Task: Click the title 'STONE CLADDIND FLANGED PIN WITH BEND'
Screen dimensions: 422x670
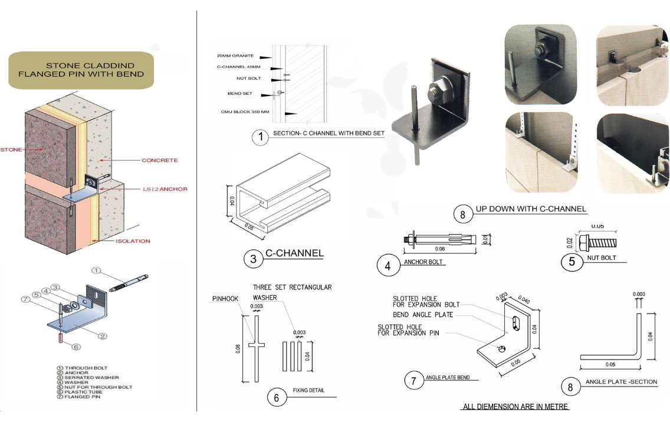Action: click(x=81, y=69)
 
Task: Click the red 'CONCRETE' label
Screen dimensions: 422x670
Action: click(x=159, y=160)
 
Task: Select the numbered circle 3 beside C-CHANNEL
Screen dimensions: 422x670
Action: click(x=253, y=259)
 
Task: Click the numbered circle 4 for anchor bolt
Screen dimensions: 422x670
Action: click(x=387, y=266)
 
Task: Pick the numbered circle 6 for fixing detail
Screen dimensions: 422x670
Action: click(x=276, y=397)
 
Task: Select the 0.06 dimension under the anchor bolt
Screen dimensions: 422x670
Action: click(x=440, y=249)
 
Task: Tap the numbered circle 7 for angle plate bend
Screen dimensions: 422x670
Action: click(x=414, y=381)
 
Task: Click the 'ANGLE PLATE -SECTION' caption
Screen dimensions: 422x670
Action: click(x=621, y=382)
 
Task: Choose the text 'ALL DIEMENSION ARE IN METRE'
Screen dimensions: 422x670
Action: click(x=514, y=407)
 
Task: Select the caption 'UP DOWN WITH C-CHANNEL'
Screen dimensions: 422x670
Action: click(x=531, y=209)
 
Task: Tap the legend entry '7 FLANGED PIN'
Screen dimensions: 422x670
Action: click(x=86, y=397)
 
